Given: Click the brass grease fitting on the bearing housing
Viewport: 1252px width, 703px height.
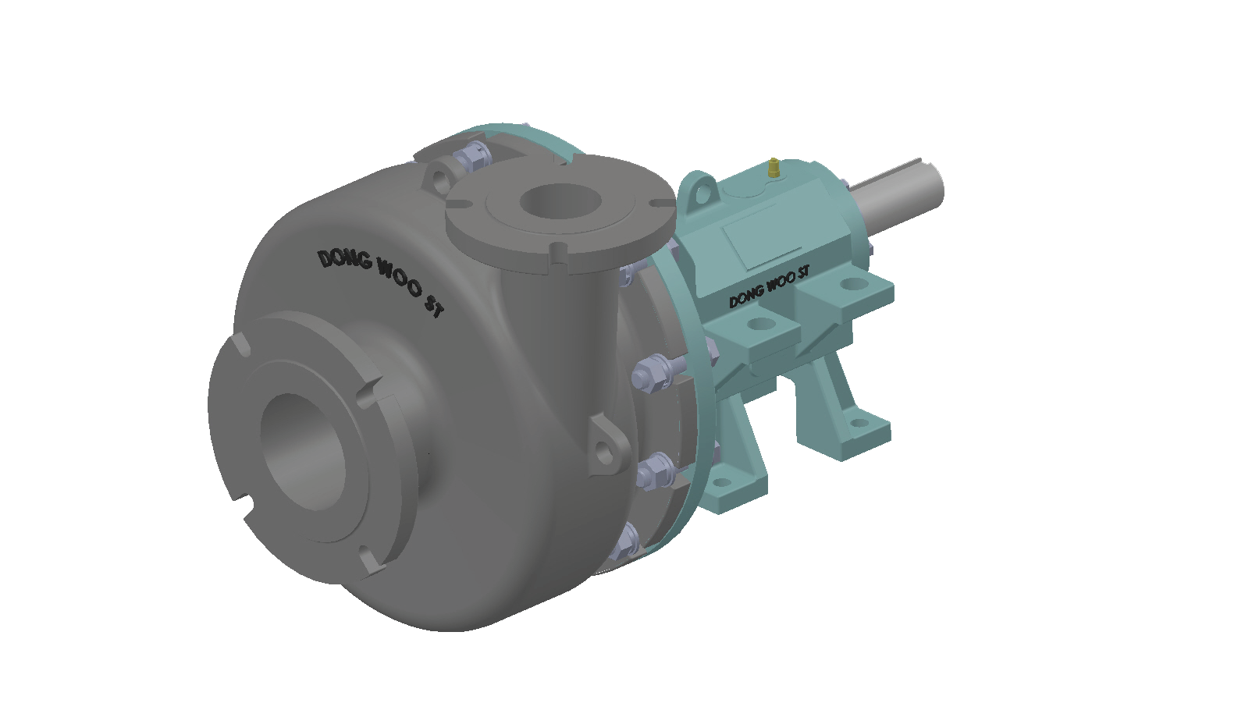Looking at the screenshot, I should coord(774,167).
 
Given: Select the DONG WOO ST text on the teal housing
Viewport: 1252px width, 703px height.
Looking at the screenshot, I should coord(769,286).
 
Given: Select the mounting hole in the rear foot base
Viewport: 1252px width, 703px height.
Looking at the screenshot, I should coord(859,423).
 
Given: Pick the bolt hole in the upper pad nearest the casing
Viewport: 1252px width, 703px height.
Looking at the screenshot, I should coord(758,323).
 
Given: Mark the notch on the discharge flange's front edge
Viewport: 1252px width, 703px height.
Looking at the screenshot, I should coord(559,251).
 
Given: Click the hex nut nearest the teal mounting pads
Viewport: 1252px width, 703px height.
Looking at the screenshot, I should coord(653,373).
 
